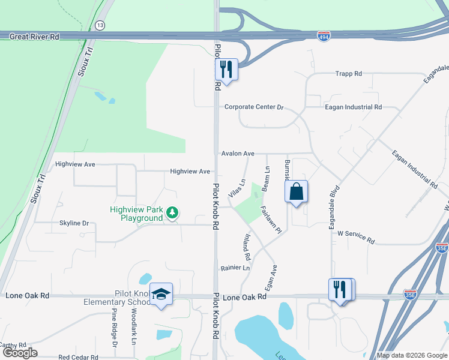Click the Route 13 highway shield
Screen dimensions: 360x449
pos(99,25)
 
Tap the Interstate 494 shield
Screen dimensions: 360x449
pos(324,36)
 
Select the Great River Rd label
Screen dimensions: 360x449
pos(34,37)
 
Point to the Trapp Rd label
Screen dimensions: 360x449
pos(348,74)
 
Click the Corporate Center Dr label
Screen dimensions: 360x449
pos(253,107)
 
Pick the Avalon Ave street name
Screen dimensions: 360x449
pos(238,154)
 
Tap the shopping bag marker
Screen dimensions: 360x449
pos(297,193)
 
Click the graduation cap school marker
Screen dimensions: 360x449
pos(161,294)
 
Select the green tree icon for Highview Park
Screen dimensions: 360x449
pos(172,212)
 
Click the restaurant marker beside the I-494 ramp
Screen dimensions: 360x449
pos(226,70)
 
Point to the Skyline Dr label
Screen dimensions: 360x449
pos(74,223)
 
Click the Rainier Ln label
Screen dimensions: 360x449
pos(235,268)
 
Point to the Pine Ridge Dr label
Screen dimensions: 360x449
pos(114,328)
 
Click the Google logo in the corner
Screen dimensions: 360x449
pos(21,352)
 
